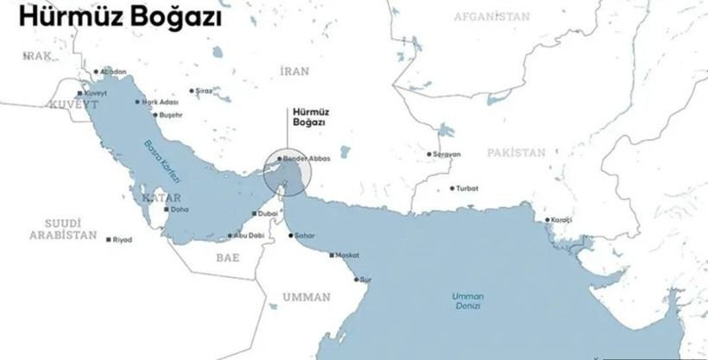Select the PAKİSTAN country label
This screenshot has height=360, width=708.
[515, 153]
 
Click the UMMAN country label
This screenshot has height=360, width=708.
[307, 298]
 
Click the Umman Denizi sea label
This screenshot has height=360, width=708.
[468, 300]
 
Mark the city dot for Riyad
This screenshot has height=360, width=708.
[108, 239]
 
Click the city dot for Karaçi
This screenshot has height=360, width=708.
[547, 220]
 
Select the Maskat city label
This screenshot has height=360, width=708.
[345, 256]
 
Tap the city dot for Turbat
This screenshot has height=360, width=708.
[452, 188]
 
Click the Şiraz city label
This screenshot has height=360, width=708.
[203, 91]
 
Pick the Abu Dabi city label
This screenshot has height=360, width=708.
[249, 236]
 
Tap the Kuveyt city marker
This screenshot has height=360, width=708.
[80, 93]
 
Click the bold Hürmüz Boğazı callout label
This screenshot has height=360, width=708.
[309, 117]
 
